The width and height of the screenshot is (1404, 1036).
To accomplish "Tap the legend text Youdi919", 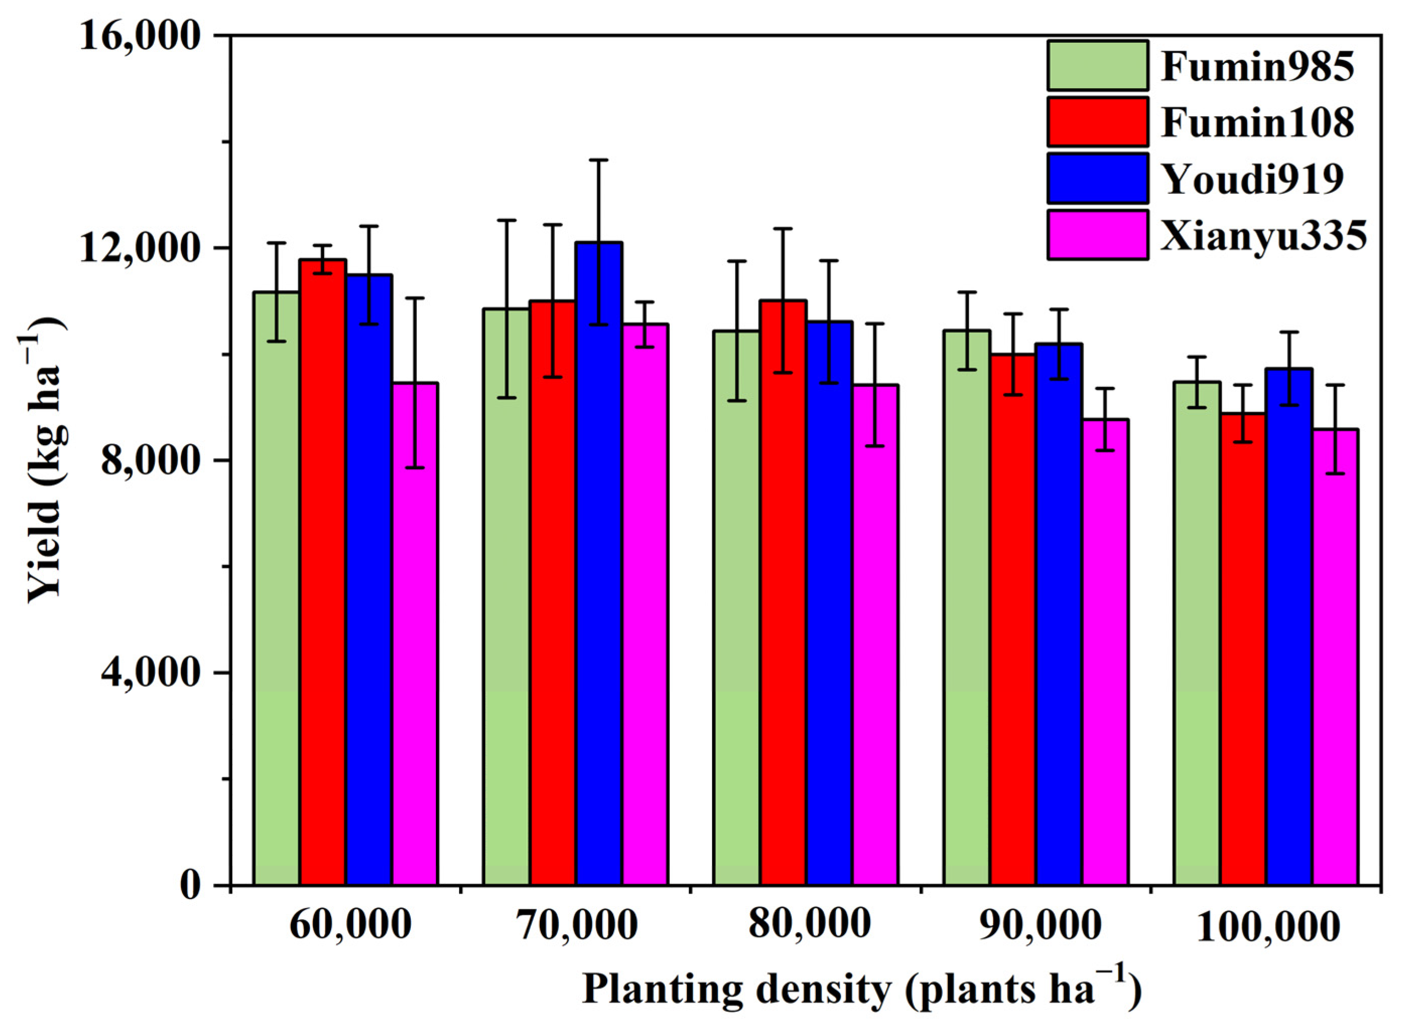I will point(1252,179).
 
